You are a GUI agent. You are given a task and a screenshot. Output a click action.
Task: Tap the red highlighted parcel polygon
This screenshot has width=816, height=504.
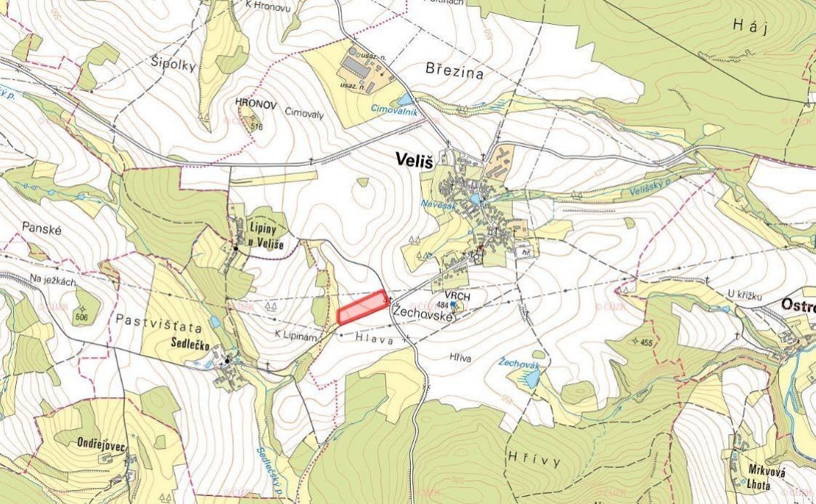pyautogui.click(x=362, y=308)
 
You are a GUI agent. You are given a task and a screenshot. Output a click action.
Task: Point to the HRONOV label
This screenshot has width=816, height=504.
pyautogui.click(x=256, y=105)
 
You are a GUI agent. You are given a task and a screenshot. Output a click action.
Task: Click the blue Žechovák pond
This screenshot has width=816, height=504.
pyautogui.click(x=532, y=378)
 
